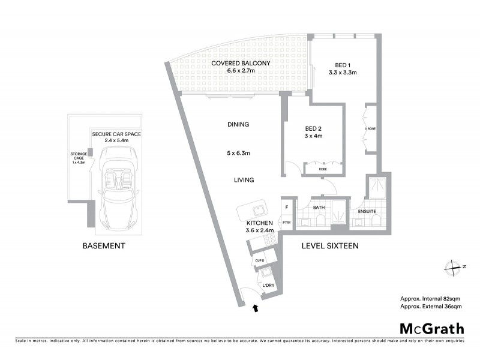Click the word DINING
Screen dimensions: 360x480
238,125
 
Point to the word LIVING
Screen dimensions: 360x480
244,180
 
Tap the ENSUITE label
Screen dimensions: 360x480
367,211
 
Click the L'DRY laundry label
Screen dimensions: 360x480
268,285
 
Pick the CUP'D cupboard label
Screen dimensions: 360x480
259,261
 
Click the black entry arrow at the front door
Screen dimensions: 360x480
257,308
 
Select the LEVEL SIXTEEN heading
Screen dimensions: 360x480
330,246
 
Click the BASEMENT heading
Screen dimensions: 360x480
104,246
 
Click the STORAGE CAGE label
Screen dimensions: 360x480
79,157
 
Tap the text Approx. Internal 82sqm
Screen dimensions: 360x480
430,298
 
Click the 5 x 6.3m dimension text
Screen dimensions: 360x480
239,152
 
